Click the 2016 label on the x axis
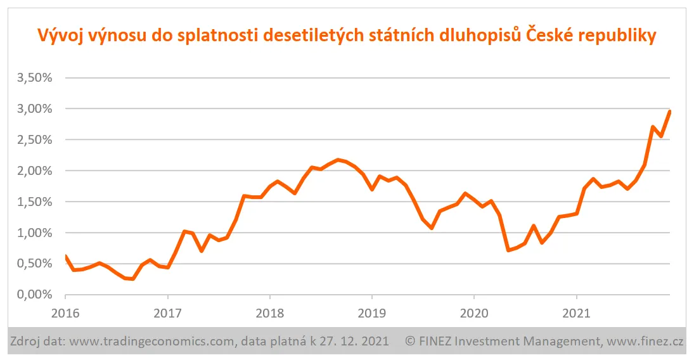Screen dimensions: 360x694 [x=65, y=312]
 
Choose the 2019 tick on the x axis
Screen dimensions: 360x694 [x=371, y=312]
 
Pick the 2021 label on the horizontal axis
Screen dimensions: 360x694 [x=575, y=312]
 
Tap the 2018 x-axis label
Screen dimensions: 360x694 [x=269, y=312]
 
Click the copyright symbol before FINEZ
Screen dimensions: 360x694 [x=410, y=342]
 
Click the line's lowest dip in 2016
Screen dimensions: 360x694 [x=133, y=279]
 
